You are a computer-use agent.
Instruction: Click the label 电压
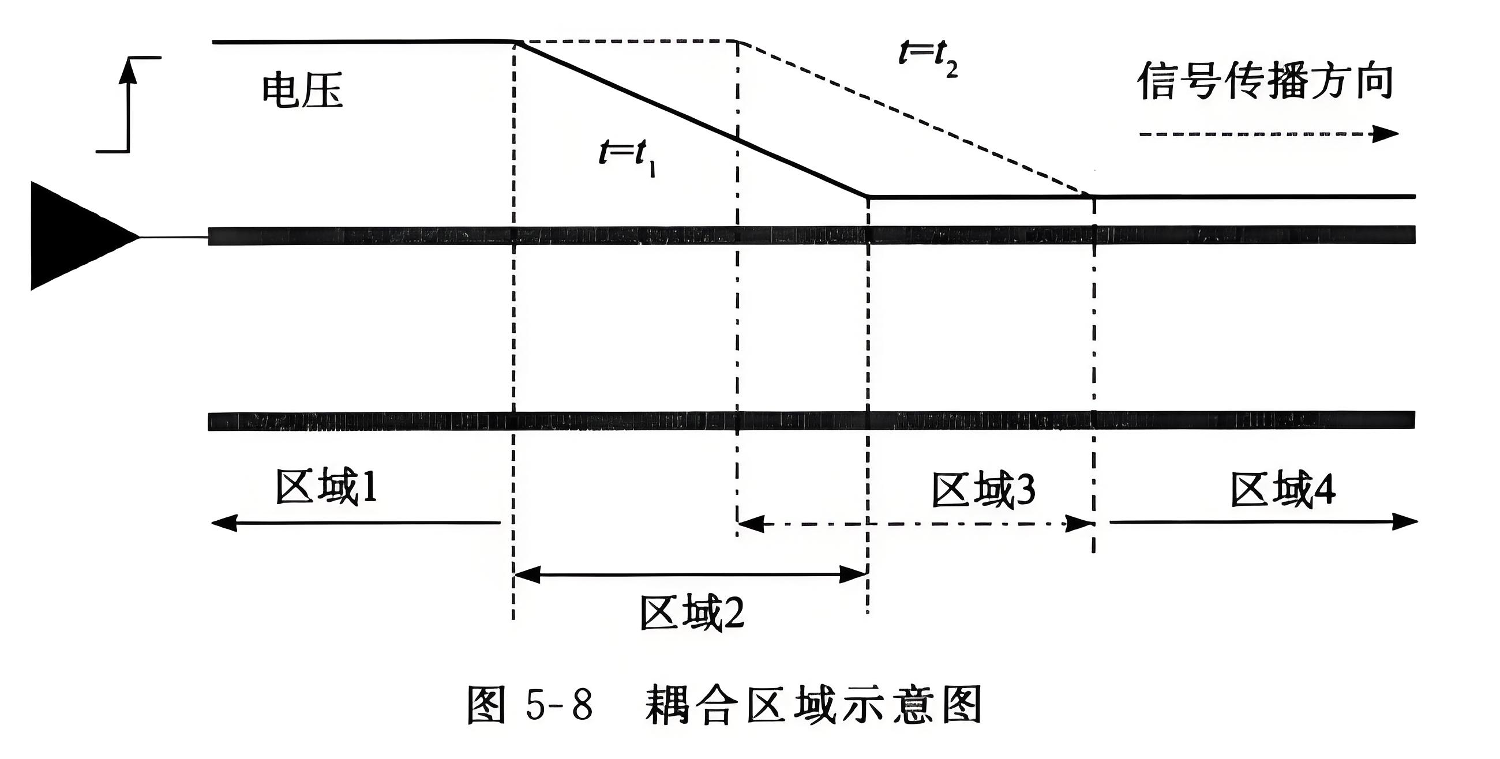point(302,92)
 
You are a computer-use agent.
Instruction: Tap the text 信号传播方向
point(1265,82)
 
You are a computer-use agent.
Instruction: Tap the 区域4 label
point(1284,490)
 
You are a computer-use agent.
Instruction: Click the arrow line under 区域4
point(1263,521)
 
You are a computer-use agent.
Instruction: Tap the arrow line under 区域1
point(355,523)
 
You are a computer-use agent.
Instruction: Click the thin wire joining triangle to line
point(174,237)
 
